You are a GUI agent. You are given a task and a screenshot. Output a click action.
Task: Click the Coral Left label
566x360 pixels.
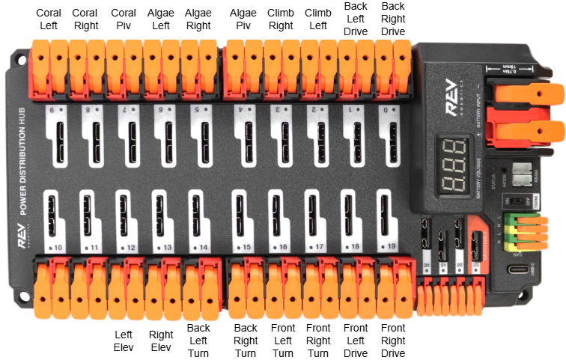[50, 19]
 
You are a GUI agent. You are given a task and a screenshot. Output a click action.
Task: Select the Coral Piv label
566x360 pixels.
[124, 19]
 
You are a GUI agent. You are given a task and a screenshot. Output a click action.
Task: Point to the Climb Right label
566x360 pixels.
[280, 19]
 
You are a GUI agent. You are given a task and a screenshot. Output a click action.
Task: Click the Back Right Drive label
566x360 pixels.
[392, 19]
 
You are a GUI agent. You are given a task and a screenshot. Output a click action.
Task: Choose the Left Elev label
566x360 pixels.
[124, 341]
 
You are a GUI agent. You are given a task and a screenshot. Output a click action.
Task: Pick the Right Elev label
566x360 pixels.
[161, 341]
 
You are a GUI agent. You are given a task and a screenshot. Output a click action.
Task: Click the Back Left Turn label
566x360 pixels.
[198, 341]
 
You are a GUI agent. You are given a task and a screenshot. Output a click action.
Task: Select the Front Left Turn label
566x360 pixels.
[282, 341]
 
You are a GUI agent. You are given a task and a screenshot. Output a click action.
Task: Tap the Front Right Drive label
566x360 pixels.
[393, 341]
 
